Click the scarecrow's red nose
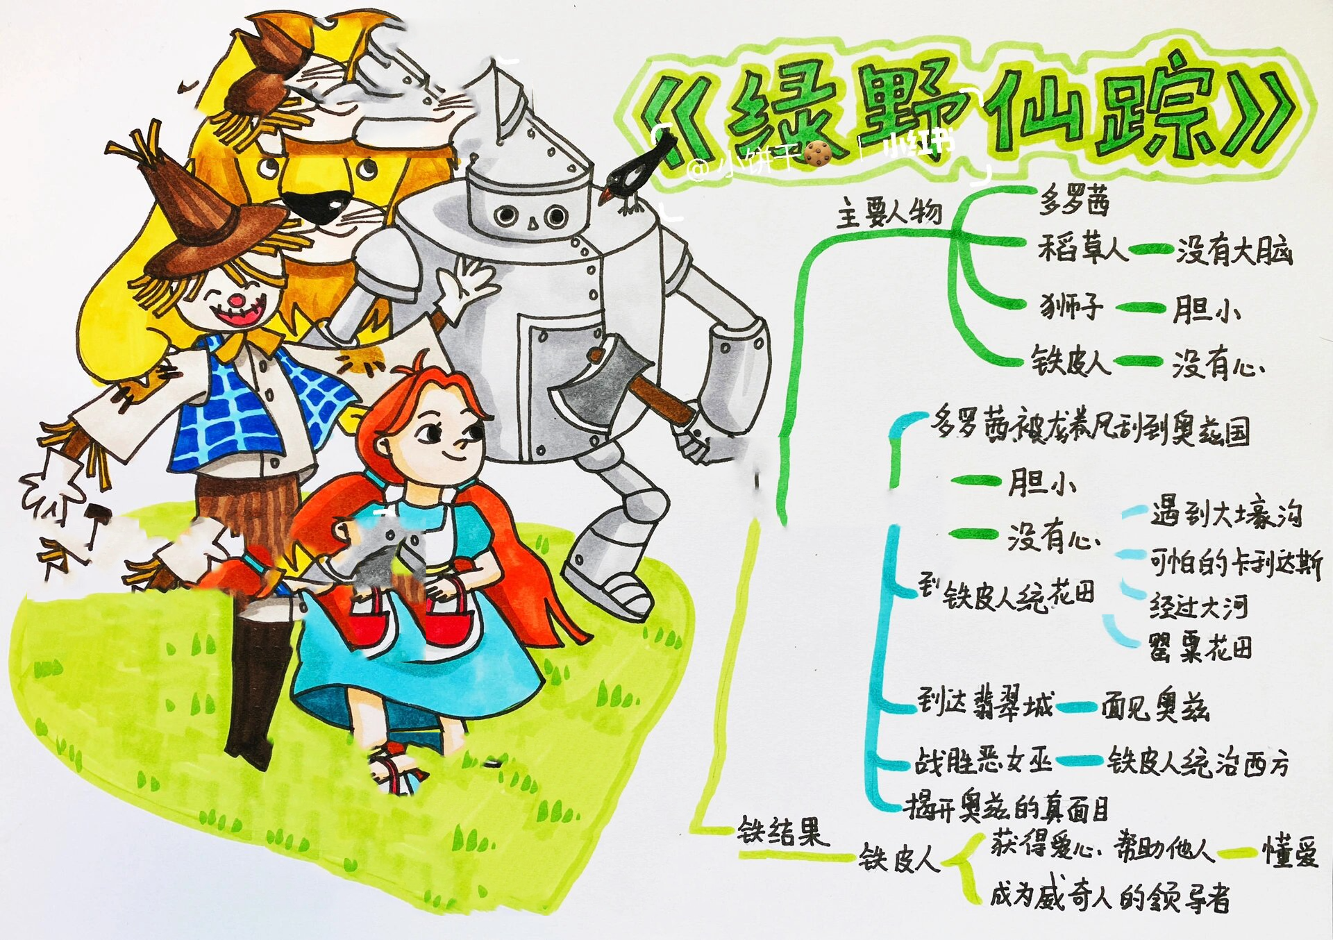click(237, 301)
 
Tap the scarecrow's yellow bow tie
click(240, 344)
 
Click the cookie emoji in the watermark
click(819, 152)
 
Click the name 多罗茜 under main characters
click(1073, 201)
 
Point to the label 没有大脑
click(1233, 250)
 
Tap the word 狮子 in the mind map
click(1070, 306)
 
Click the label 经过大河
click(1198, 607)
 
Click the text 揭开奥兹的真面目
click(1006, 807)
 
